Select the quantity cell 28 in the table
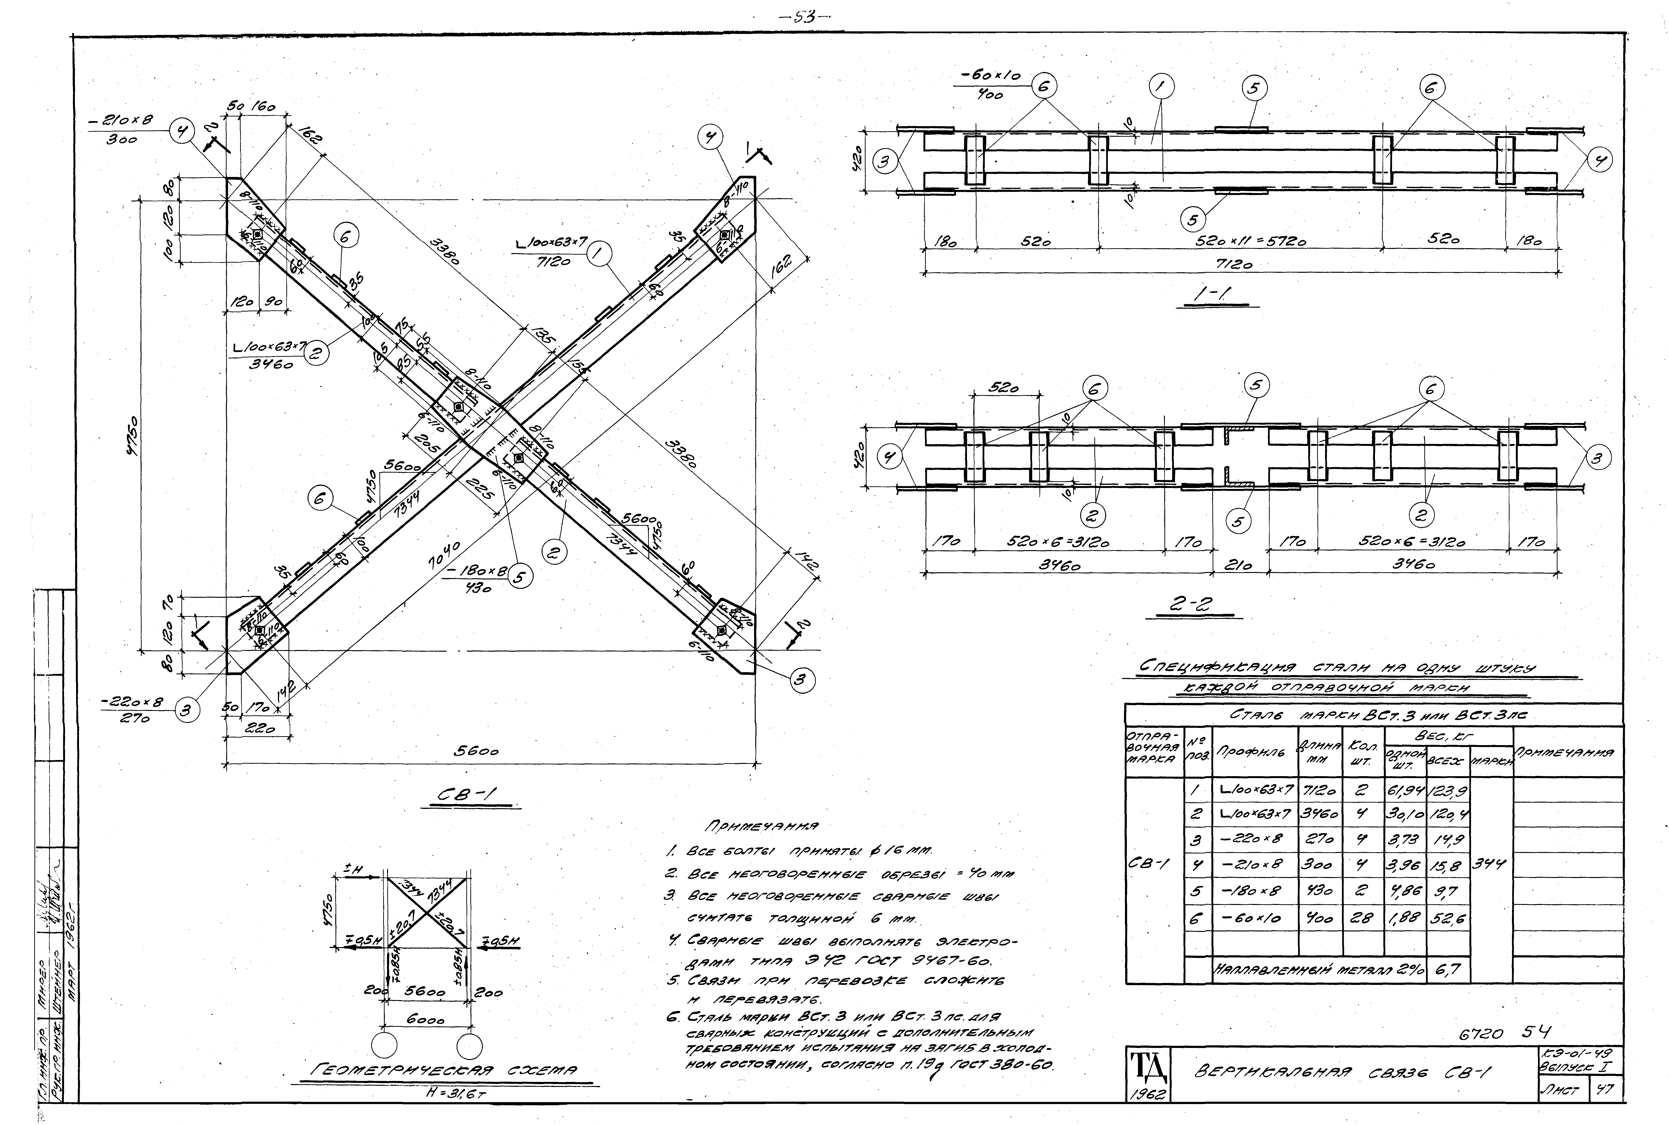pos(1362,918)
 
